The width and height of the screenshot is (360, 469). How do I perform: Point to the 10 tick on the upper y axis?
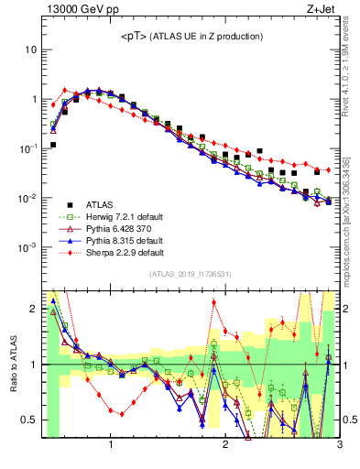pos(30,49)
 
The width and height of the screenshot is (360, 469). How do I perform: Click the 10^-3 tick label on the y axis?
pos(27,248)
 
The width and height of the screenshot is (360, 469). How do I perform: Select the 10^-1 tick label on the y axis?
pos(27,148)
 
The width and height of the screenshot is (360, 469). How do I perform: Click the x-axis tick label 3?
pos(339,446)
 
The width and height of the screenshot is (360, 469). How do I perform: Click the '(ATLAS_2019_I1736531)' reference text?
pos(190,274)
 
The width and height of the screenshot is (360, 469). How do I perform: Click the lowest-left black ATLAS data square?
pos(53,145)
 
